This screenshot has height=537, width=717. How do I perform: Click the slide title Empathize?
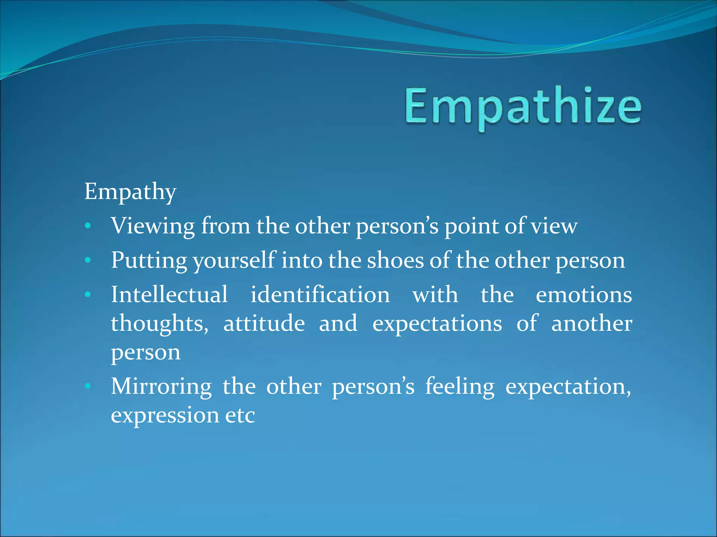523,107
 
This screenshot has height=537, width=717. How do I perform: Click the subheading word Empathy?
130,192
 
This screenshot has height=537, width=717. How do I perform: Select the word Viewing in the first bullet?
153,226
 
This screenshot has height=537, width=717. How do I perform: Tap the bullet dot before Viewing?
88,226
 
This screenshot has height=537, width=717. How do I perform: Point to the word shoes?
395,261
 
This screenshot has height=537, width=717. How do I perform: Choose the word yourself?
234,261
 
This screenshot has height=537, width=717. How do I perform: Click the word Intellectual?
169,294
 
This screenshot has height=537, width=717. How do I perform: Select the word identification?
320,294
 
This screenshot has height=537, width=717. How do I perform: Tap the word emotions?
584,294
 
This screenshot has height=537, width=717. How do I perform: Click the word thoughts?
160,323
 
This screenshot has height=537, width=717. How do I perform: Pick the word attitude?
264,323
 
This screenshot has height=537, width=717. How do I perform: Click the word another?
591,323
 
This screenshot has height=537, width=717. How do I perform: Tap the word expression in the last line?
165,415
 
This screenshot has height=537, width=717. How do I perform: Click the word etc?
240,415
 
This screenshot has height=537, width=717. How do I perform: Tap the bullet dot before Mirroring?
88,386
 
